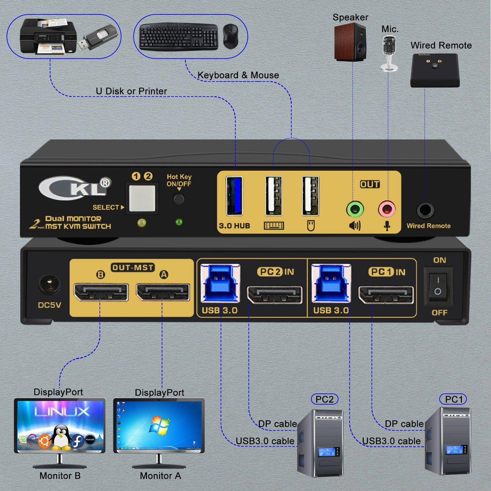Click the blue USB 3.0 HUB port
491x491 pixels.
point(234,196)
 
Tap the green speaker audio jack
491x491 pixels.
point(355,209)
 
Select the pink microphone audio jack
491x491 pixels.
point(387,209)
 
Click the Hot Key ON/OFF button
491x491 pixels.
point(179,199)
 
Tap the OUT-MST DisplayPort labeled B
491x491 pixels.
point(100,292)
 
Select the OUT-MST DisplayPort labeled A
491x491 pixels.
point(163,292)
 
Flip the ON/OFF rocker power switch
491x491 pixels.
point(438,285)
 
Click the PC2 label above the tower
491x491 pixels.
point(324,399)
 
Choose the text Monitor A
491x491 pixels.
point(160,476)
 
